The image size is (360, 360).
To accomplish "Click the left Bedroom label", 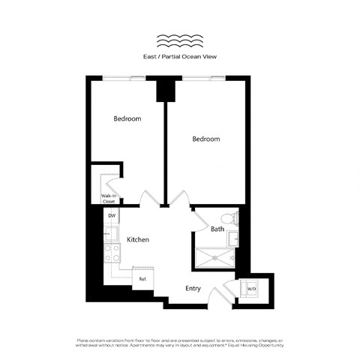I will click(x=127, y=118).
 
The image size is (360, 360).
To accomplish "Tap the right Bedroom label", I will click(x=205, y=139).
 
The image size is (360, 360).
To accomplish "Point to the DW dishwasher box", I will click(x=111, y=216).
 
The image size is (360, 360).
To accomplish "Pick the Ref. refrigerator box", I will click(x=142, y=278).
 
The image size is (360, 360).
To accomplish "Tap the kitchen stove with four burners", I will click(x=112, y=253).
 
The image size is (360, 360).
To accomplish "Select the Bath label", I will click(x=217, y=229).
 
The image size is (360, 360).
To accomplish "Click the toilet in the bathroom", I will click(x=234, y=219).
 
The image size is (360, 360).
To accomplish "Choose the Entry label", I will click(x=193, y=288).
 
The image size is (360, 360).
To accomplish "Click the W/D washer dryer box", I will click(x=252, y=289).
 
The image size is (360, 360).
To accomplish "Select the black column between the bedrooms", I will click(x=164, y=90).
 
